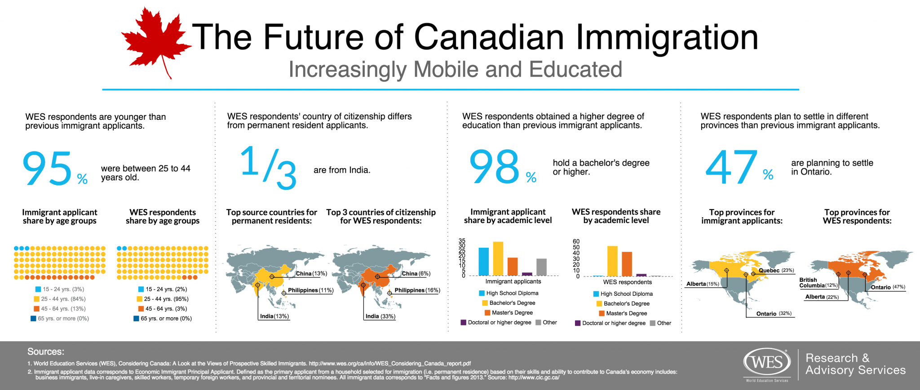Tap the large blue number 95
pos(48,168)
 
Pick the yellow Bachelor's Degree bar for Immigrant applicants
pos(498,259)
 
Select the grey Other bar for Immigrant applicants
pos(541,267)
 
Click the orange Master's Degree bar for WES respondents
pos(627,264)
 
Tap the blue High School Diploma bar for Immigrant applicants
pos(483,261)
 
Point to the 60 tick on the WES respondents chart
pos(576,241)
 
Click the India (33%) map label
pos(380,316)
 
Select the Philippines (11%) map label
pos(310,290)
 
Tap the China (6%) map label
pos(416,274)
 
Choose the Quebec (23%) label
pos(776,271)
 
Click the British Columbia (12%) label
pos(818,283)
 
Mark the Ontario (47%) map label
pos(888,287)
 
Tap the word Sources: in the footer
pos(46,351)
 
